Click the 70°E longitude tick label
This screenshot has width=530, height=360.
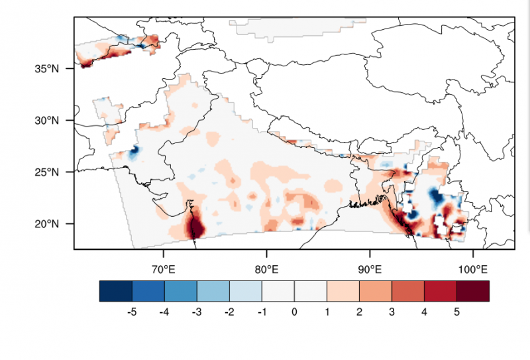(x=163, y=270)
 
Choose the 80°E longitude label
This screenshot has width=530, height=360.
(x=266, y=270)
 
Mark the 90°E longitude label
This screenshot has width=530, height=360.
(x=370, y=270)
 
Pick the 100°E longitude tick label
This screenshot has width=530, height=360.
(x=472, y=270)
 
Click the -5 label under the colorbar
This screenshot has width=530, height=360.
(x=131, y=312)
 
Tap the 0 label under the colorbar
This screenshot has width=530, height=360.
(x=294, y=312)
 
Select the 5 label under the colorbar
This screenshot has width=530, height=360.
(x=457, y=312)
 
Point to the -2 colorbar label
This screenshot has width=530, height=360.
(x=229, y=312)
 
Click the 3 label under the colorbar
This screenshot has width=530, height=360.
(x=392, y=312)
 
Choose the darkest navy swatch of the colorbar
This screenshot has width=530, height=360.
(x=116, y=291)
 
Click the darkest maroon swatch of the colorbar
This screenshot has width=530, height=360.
(x=473, y=291)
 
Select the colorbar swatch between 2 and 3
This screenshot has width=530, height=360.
(x=376, y=291)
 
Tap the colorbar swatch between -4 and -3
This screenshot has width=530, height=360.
(x=181, y=291)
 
